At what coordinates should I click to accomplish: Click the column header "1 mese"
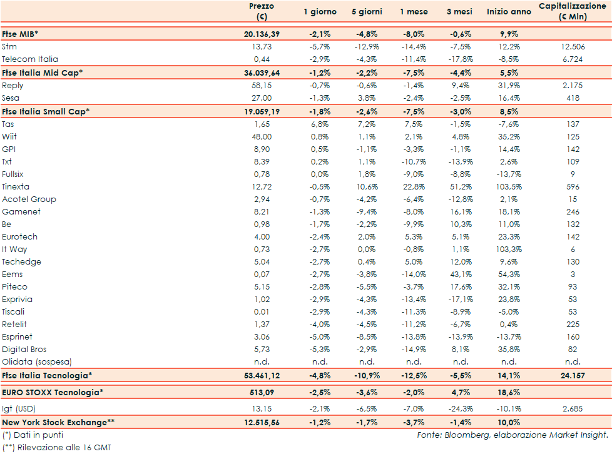pyautogui.click(x=414, y=12)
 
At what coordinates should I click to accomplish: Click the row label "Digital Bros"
pyautogui.click(x=24, y=350)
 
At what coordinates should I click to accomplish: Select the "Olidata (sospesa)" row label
pyautogui.click(x=37, y=362)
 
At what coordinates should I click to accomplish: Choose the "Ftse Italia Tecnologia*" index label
pyautogui.click(x=47, y=375)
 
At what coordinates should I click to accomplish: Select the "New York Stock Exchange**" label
pyautogui.click(x=58, y=423)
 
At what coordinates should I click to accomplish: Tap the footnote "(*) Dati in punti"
pyautogui.click(x=33, y=435)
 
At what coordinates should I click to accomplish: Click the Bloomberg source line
pyautogui.click(x=513, y=435)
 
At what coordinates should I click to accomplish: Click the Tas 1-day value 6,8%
pyautogui.click(x=320, y=124)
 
